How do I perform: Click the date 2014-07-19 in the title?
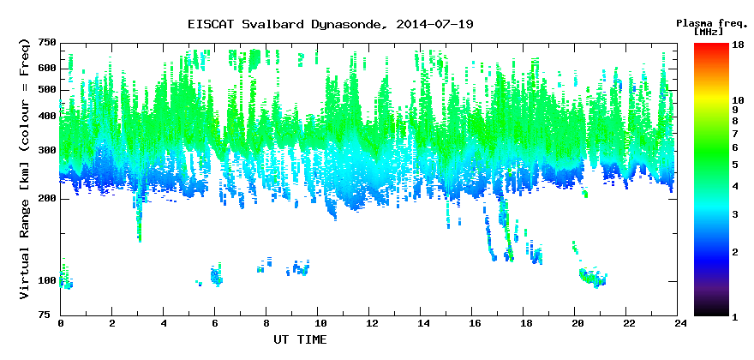[x=434, y=24]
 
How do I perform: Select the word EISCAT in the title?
[x=211, y=24]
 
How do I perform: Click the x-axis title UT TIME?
[x=300, y=339]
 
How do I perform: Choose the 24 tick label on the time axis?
[x=678, y=323]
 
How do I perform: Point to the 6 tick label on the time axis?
[x=215, y=323]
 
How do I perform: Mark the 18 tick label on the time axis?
[x=524, y=323]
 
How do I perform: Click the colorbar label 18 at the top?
[x=737, y=45]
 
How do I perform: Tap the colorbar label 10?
[x=737, y=100]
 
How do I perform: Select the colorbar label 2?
[x=735, y=252]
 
